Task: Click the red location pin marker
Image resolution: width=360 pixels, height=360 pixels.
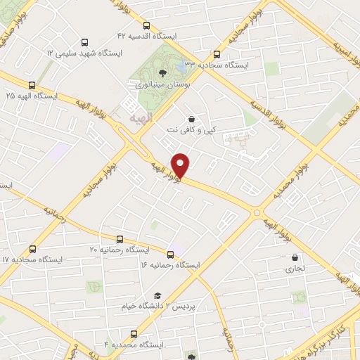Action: [181, 166]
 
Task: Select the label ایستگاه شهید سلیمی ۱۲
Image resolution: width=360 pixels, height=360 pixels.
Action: [84, 53]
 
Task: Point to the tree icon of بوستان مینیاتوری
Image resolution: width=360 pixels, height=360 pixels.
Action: [163, 72]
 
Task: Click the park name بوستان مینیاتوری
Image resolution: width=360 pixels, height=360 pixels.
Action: [162, 83]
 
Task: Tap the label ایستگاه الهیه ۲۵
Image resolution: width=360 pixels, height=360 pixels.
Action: [33, 94]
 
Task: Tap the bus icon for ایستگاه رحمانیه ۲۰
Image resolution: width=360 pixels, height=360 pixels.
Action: [120, 239]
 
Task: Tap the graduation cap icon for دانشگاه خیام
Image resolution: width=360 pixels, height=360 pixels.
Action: [158, 296]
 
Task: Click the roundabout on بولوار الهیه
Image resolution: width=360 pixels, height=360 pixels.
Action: [257, 211]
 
